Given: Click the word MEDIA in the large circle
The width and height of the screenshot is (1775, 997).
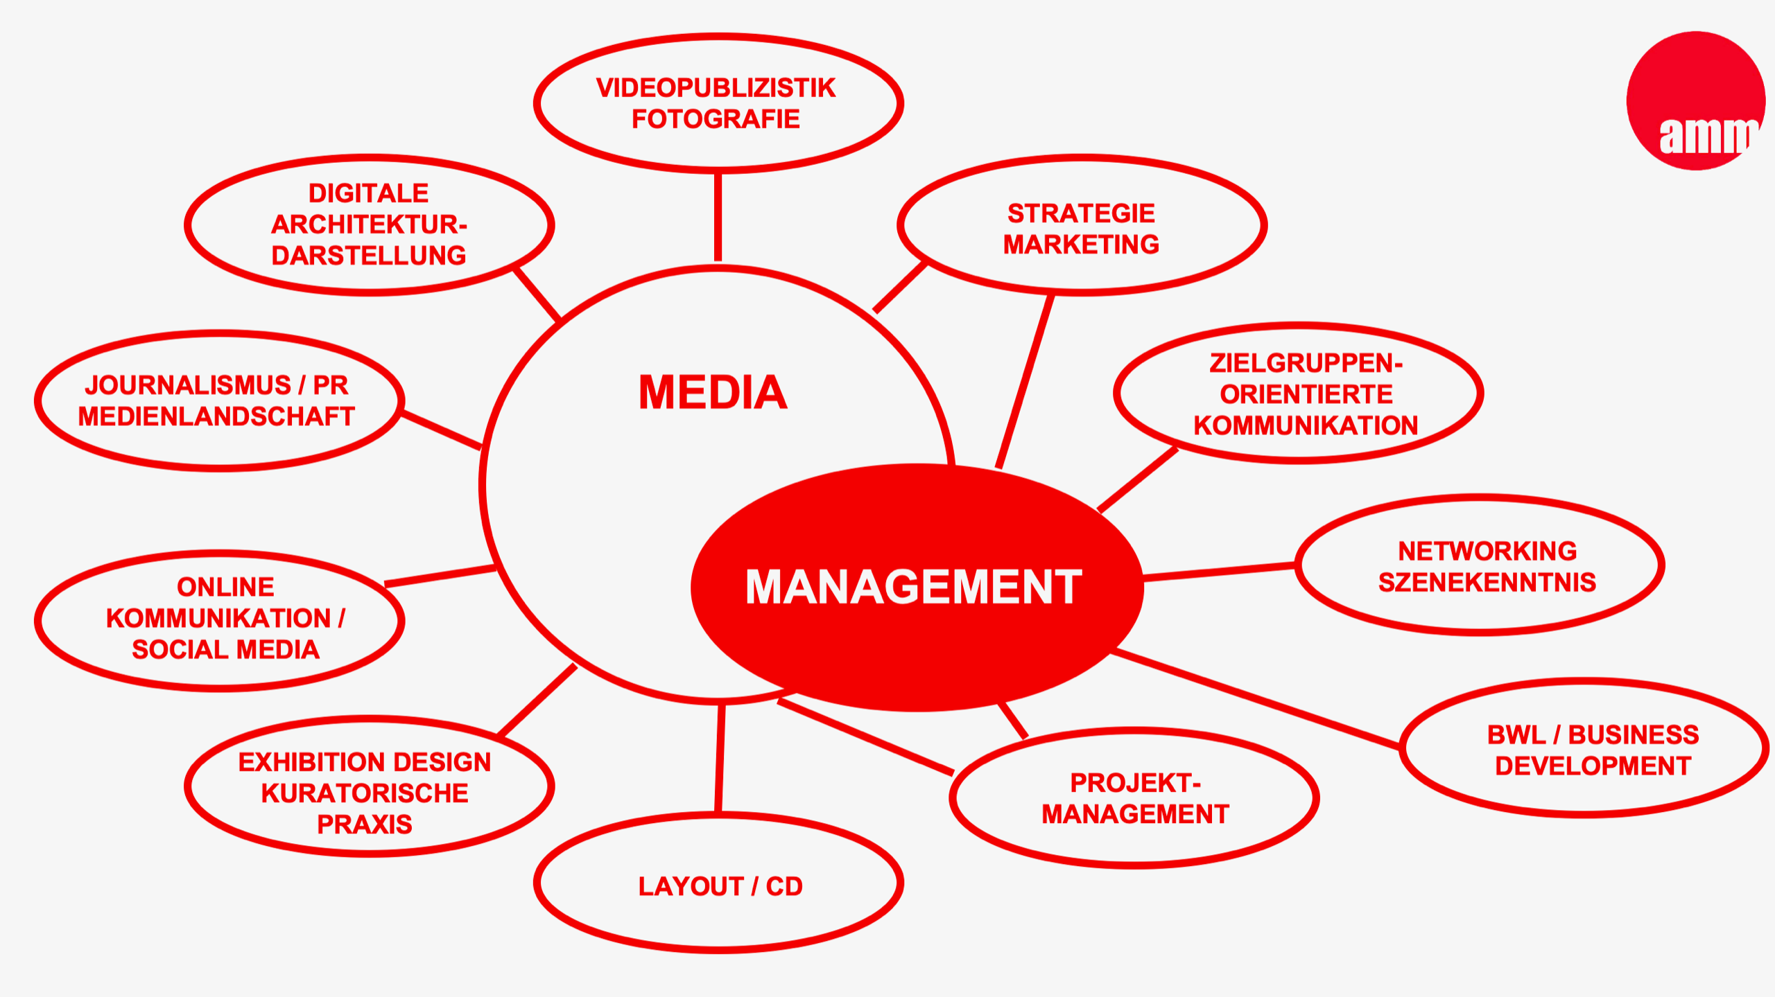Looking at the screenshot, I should (713, 393).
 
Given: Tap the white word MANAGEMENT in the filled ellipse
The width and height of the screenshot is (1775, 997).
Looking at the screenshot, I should (913, 588).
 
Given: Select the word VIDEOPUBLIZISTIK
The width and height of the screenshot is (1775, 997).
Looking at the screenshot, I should (716, 88).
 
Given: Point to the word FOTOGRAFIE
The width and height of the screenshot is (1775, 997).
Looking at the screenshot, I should (716, 119).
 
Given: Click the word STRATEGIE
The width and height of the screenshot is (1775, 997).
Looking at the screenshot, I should (1081, 213).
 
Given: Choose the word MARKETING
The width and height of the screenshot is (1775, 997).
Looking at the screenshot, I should (1081, 245).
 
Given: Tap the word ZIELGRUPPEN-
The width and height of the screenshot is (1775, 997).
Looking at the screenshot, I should (1306, 363).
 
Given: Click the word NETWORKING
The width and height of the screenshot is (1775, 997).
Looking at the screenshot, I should (1487, 552).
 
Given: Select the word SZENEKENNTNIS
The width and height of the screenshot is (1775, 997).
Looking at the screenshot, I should (1487, 583).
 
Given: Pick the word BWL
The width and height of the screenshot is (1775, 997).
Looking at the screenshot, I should (1516, 735).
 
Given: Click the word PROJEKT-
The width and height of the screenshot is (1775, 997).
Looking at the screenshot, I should (1135, 783).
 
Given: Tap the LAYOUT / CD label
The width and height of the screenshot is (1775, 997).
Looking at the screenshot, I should (720, 887).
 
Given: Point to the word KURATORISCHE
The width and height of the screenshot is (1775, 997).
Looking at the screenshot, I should (365, 793).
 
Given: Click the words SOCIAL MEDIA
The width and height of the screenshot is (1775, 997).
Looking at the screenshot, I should (225, 650).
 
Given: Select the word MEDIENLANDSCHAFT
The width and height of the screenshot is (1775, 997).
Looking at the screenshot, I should (216, 416).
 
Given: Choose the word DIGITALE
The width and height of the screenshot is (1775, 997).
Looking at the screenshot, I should (368, 193).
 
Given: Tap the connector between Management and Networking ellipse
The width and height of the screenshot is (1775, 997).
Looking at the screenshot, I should (1219, 571).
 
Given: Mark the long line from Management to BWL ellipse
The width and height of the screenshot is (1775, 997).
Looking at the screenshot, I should (1255, 700).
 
